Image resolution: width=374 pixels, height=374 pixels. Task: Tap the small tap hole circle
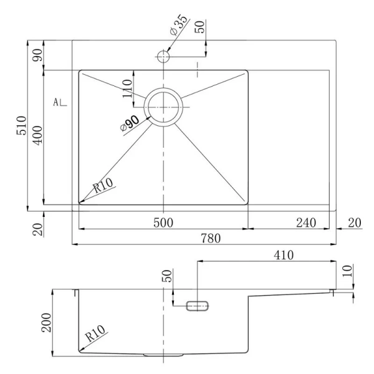[163, 56]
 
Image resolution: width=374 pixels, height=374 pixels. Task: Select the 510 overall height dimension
[21, 125]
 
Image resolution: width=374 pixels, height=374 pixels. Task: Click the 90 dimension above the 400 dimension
[37, 55]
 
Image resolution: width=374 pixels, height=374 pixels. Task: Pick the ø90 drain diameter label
[130, 122]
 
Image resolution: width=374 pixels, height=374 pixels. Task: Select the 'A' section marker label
[57, 102]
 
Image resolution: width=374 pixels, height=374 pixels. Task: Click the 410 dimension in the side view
[283, 255]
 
